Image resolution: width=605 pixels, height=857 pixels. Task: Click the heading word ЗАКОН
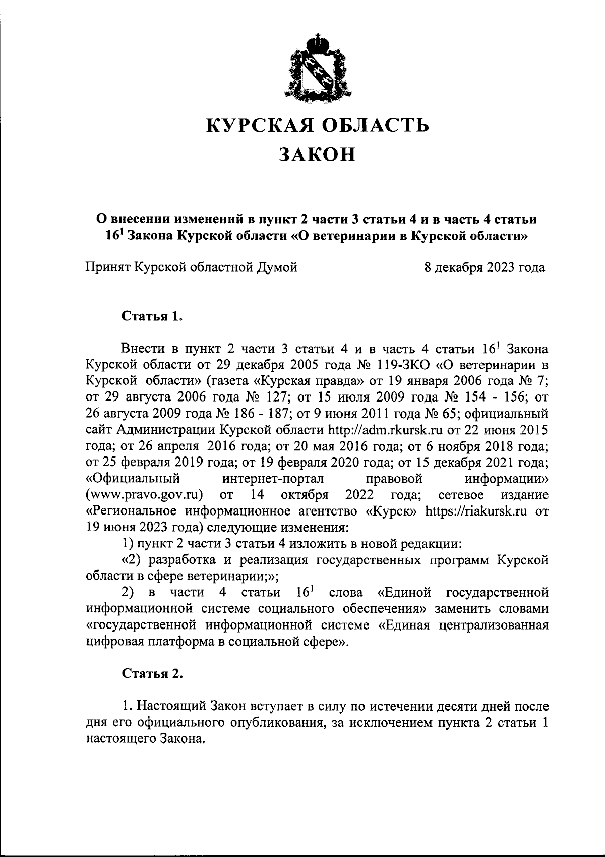pos(318,154)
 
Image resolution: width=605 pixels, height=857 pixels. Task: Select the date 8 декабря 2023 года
pos(485,267)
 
